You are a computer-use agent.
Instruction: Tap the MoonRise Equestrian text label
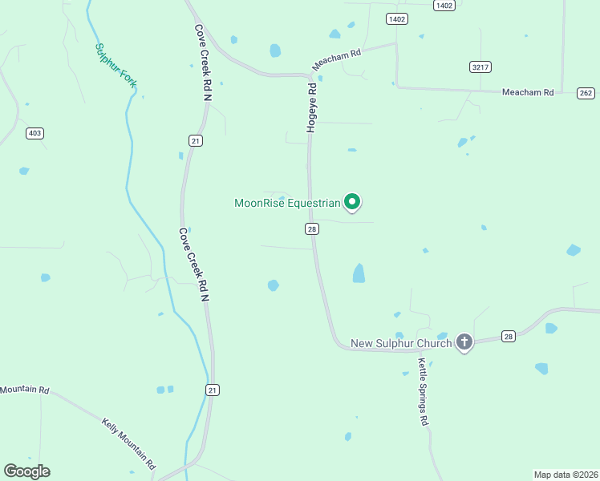tap(288, 203)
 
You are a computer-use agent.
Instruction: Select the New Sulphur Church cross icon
tap(464, 342)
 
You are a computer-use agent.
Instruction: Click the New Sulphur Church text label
tap(402, 344)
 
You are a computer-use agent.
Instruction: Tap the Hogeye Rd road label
tap(313, 105)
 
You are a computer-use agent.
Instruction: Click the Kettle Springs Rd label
tap(424, 390)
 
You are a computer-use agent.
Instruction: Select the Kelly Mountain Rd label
tap(128, 443)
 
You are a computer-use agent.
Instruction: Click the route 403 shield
tap(34, 133)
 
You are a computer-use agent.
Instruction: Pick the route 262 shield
tap(586, 93)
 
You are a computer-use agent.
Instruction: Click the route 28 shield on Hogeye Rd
tap(312, 229)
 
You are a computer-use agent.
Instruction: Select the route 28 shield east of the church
tap(508, 336)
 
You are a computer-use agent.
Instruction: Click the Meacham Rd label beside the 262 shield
tap(528, 92)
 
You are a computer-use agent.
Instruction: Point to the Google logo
tap(27, 471)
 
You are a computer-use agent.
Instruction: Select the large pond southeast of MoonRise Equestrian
tap(359, 273)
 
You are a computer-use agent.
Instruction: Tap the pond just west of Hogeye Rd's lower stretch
tap(273, 285)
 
